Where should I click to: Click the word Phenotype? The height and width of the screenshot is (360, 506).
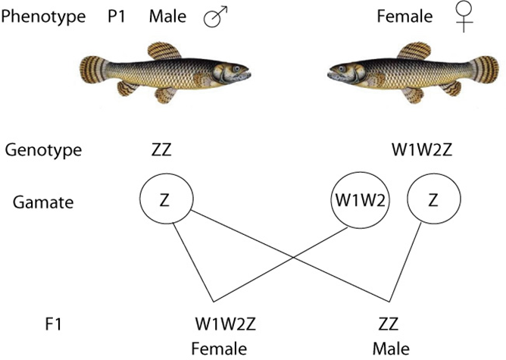pyautogui.click(x=42, y=16)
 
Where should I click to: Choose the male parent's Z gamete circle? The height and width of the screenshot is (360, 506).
pyautogui.click(x=164, y=202)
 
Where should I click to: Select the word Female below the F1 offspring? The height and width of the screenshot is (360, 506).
pyautogui.click(x=219, y=349)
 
